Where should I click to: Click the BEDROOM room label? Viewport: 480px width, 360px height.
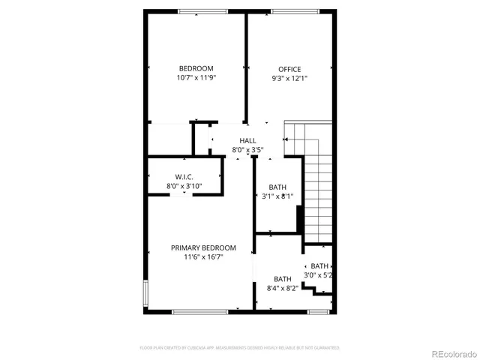(x=196, y=68)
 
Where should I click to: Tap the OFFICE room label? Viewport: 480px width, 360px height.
(x=289, y=69)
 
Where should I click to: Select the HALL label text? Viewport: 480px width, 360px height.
(x=247, y=140)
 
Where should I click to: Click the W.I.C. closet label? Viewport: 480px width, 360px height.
(x=184, y=176)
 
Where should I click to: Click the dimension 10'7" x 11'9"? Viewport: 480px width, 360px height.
(x=196, y=78)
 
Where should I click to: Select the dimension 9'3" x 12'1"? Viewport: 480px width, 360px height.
(x=289, y=78)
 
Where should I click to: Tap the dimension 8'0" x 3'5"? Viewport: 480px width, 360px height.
(x=247, y=150)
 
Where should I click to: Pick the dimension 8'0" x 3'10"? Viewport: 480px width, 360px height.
(x=184, y=185)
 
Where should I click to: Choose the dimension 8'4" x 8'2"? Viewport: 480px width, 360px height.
(x=283, y=288)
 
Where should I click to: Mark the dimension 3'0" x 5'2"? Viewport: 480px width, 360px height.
(x=318, y=275)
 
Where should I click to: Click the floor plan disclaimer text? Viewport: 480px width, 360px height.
(x=240, y=348)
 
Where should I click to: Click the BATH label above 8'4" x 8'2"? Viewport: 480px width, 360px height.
(x=283, y=279)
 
